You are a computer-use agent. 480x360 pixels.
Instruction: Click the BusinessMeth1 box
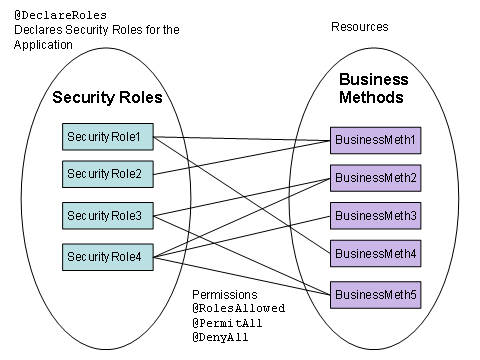click(375, 139)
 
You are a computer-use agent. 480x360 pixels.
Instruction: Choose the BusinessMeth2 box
click(375, 178)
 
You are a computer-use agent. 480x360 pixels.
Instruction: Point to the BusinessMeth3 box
click(375, 215)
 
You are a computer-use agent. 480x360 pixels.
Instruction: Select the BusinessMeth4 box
click(375, 254)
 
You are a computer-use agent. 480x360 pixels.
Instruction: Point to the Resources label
click(359, 26)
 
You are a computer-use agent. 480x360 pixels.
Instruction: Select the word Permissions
click(226, 297)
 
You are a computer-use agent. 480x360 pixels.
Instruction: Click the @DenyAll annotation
click(222, 339)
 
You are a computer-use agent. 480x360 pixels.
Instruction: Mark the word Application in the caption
click(46, 44)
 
